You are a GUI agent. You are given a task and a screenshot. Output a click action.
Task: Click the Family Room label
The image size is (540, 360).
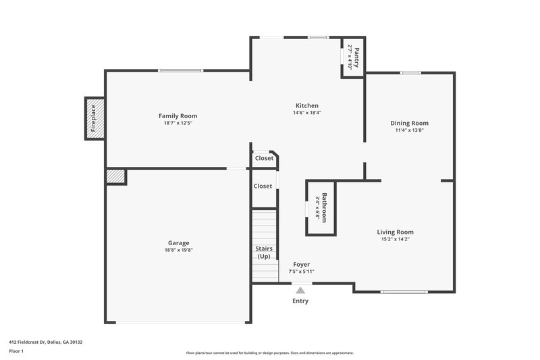click(x=178, y=116)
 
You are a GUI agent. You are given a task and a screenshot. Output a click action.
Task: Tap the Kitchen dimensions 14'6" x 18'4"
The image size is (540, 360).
click(x=307, y=113)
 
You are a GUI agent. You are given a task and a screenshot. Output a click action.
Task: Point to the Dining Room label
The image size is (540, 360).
click(x=409, y=123)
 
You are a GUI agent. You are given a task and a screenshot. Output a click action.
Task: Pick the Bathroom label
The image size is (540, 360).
click(x=325, y=208)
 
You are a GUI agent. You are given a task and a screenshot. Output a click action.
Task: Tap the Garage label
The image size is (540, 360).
click(x=178, y=242)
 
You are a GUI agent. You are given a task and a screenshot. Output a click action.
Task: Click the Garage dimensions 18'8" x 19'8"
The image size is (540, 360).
click(x=178, y=250)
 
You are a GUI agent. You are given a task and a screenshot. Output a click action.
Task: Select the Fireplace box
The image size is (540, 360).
click(x=94, y=118)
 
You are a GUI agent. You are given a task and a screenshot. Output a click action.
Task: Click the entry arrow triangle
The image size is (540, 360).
click(x=300, y=290)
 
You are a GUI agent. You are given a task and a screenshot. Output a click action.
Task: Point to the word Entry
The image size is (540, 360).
click(x=300, y=301)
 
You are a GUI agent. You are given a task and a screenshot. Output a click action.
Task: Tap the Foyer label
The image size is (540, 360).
click(x=301, y=264)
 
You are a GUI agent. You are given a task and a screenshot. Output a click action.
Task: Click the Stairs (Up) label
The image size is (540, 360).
click(x=264, y=253)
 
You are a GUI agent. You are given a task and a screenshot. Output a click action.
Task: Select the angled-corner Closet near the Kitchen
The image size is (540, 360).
click(x=264, y=158)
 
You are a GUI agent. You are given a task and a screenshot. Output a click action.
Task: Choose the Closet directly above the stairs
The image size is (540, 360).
click(x=263, y=186)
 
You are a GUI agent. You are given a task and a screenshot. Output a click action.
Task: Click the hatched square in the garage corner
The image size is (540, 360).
click(x=115, y=176)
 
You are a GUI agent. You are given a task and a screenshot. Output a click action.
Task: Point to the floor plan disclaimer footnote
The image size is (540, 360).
click(x=269, y=353)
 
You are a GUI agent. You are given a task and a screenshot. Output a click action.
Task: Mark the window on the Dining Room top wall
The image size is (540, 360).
click(x=410, y=73)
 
